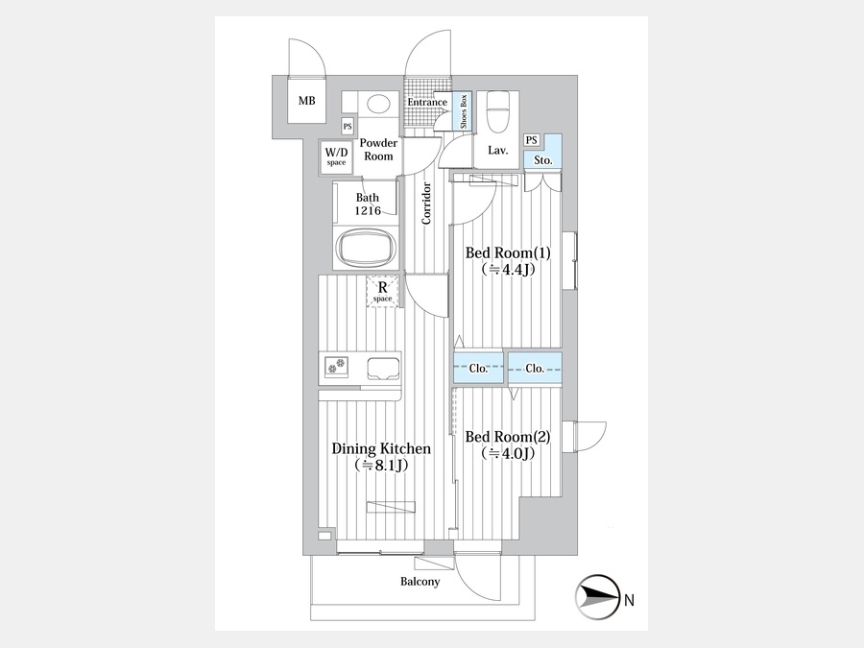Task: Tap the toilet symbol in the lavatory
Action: pos(497,112)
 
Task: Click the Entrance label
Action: pos(427,103)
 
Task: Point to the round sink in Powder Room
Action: pos(379,104)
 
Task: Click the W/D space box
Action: pos(336,156)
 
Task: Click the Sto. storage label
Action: pos(542,160)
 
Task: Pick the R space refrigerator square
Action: pos(382,291)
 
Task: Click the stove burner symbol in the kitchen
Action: pos(337,367)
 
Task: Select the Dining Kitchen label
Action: pos(381,448)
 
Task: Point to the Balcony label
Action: pos(420,582)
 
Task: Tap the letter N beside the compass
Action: pos(629,602)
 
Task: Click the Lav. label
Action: pos(497,151)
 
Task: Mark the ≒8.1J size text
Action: pos(381,466)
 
